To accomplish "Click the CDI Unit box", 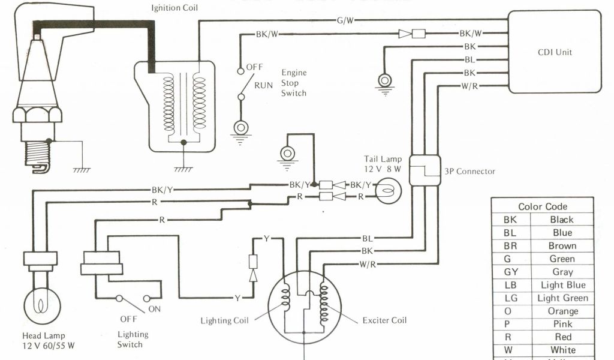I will (x=555, y=52).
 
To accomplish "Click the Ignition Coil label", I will (x=174, y=9).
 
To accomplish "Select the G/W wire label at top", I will (x=345, y=20).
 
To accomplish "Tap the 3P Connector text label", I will (x=469, y=171).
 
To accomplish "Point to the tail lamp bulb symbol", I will (x=386, y=191).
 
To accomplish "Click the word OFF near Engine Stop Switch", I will (x=255, y=67).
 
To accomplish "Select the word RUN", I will (x=264, y=85).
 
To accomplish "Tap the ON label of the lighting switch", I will (x=155, y=309).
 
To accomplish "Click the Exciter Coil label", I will (x=384, y=320).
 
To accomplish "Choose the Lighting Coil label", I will (x=224, y=321).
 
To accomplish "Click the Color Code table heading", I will (x=543, y=206).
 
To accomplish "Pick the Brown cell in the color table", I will (x=562, y=246).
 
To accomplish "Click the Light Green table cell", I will (x=562, y=298).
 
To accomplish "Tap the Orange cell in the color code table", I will (x=562, y=311).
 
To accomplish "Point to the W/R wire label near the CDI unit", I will (x=469, y=86).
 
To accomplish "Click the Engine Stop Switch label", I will (x=294, y=83).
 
